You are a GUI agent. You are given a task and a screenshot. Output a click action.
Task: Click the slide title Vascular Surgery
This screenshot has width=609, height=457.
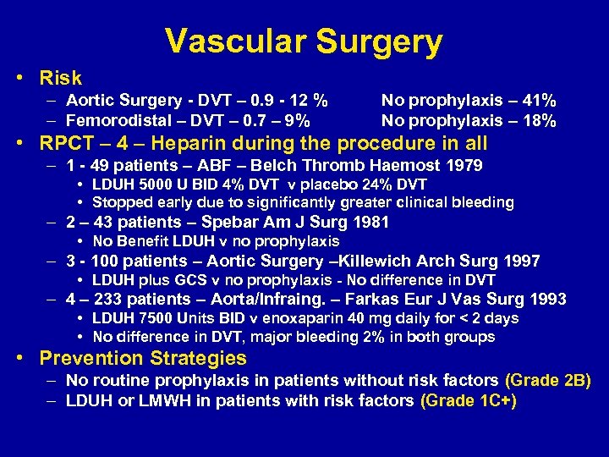click(x=304, y=41)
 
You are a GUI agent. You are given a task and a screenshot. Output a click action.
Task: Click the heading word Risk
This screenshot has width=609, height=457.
click(x=60, y=79)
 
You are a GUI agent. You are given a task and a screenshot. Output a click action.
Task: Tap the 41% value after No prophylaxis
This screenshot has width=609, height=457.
click(x=539, y=102)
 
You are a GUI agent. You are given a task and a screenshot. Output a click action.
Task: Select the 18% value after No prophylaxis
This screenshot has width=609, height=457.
click(x=539, y=121)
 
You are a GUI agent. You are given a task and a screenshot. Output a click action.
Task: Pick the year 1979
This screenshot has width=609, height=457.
click(x=464, y=165)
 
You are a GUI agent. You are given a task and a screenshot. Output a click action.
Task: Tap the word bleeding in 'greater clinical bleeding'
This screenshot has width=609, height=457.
click(x=482, y=202)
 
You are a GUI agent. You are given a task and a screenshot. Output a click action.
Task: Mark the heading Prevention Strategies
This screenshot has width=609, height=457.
click(x=143, y=358)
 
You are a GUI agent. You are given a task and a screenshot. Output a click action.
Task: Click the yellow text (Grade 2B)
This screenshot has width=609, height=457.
click(x=547, y=381)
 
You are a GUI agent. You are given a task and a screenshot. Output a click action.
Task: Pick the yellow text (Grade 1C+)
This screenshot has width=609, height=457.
click(x=468, y=400)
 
